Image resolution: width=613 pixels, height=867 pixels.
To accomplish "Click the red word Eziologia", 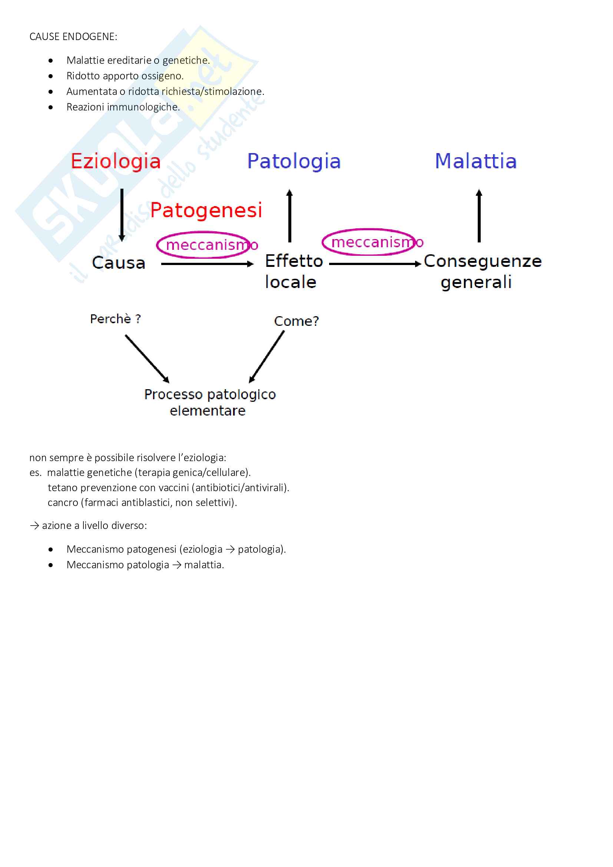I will coord(116,161).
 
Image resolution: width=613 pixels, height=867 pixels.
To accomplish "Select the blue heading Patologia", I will coord(294,161).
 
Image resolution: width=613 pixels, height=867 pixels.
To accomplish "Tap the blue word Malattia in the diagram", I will coord(476,161).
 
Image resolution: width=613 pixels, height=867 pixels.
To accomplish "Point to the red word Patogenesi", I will coord(206,210).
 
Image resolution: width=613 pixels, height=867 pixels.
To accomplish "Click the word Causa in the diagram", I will coord(119,263).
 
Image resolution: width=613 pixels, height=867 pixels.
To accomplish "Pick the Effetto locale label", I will coord(294,271).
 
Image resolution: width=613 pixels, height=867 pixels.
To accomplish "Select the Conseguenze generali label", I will coord(482,271).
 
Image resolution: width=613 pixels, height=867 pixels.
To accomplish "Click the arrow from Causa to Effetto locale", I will coord(207,264).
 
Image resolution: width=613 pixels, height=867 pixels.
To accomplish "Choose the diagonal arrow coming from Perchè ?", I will coord(147,358).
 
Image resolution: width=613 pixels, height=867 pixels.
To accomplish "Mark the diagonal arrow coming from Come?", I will coord(267,357).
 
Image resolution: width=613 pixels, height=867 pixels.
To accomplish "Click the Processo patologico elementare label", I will coord(210,402).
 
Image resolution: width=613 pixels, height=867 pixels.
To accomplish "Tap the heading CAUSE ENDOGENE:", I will coord(73,37).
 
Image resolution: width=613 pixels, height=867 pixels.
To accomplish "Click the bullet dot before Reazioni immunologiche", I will coord(50,107).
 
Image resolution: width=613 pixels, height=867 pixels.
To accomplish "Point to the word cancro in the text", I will coord(63,503).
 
